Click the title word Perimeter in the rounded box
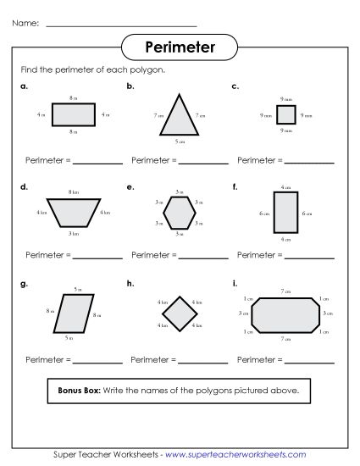click(x=179, y=47)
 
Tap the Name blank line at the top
click(x=121, y=25)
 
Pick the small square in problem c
click(x=285, y=114)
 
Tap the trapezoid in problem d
click(x=74, y=212)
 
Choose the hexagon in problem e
click(x=179, y=212)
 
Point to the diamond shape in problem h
click(x=179, y=313)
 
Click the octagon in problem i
click(x=285, y=313)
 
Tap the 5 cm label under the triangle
click(x=179, y=140)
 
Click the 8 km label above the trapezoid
click(x=74, y=192)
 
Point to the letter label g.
click(x=24, y=283)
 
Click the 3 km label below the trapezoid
click(x=74, y=232)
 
